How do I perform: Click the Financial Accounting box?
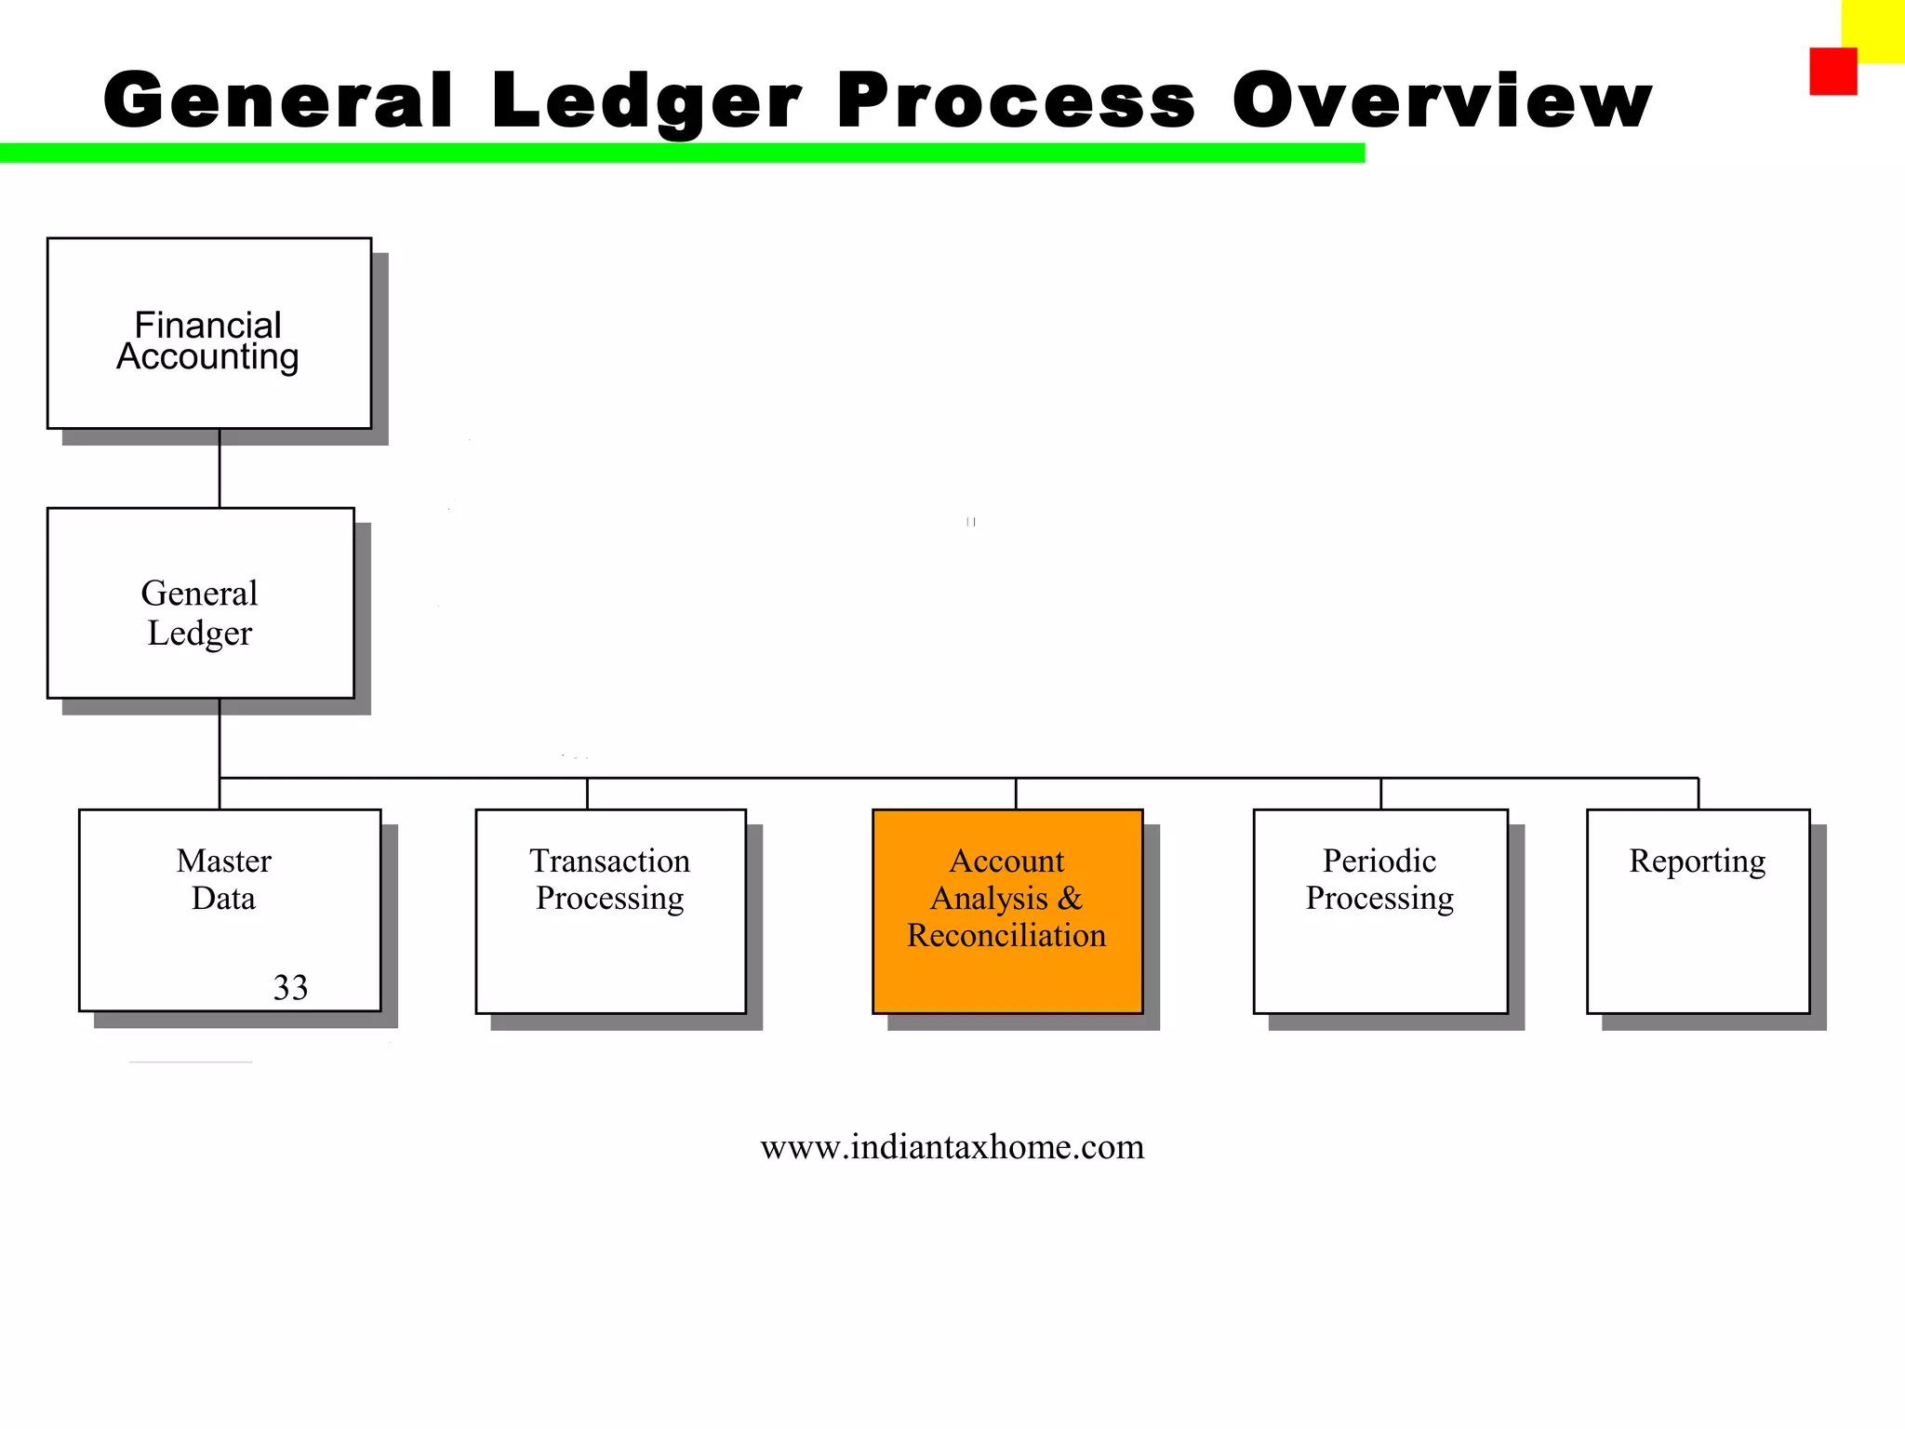209,333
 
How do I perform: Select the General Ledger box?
201,603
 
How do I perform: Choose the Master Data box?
230,910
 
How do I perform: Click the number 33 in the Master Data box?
290,987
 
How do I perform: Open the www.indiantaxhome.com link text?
952,1147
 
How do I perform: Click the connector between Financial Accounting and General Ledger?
220,469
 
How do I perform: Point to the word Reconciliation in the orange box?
1006,935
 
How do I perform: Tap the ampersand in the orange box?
1070,898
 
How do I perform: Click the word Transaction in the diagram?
610,861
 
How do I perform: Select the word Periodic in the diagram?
1379,861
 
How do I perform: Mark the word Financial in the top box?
207,325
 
